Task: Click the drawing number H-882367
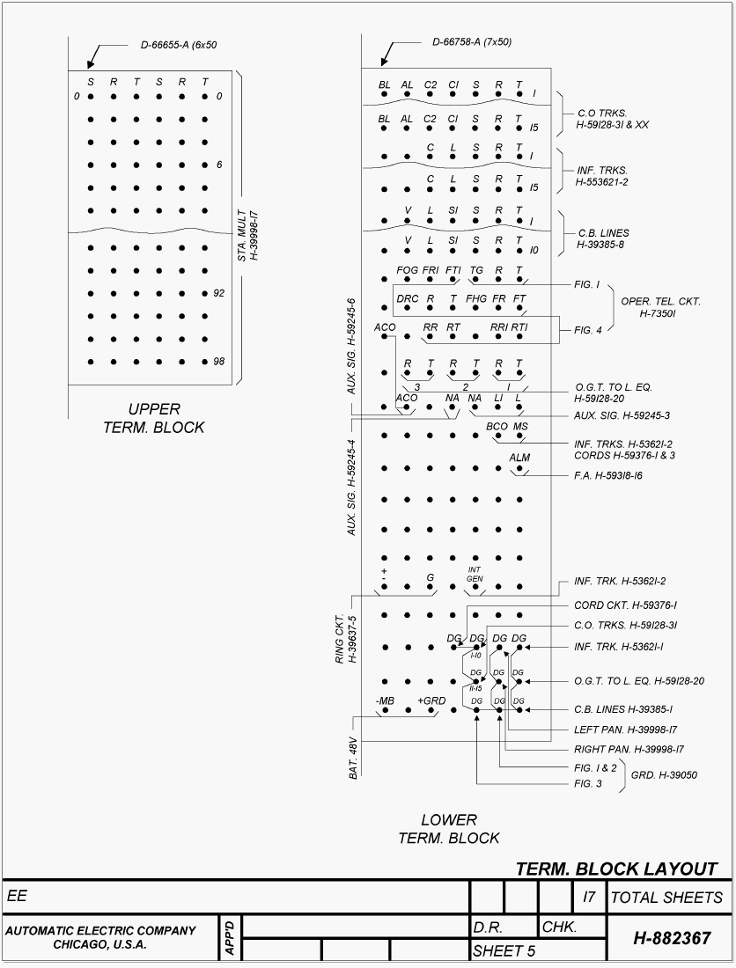pos(672,938)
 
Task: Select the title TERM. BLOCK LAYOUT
pos(616,869)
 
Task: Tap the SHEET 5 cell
pos(504,951)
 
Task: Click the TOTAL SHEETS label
pos(666,898)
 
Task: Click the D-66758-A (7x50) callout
pos(471,42)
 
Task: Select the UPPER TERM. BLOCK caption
pos(153,418)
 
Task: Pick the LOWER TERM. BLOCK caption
pos(448,829)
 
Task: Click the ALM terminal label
pos(519,458)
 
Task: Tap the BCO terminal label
pos(497,427)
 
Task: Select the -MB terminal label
pos(385,700)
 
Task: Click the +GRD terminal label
pos(431,700)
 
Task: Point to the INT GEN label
pos(475,574)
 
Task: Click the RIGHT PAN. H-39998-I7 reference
pos(629,750)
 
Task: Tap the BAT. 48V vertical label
pos(353,758)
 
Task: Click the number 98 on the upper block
pos(219,362)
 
